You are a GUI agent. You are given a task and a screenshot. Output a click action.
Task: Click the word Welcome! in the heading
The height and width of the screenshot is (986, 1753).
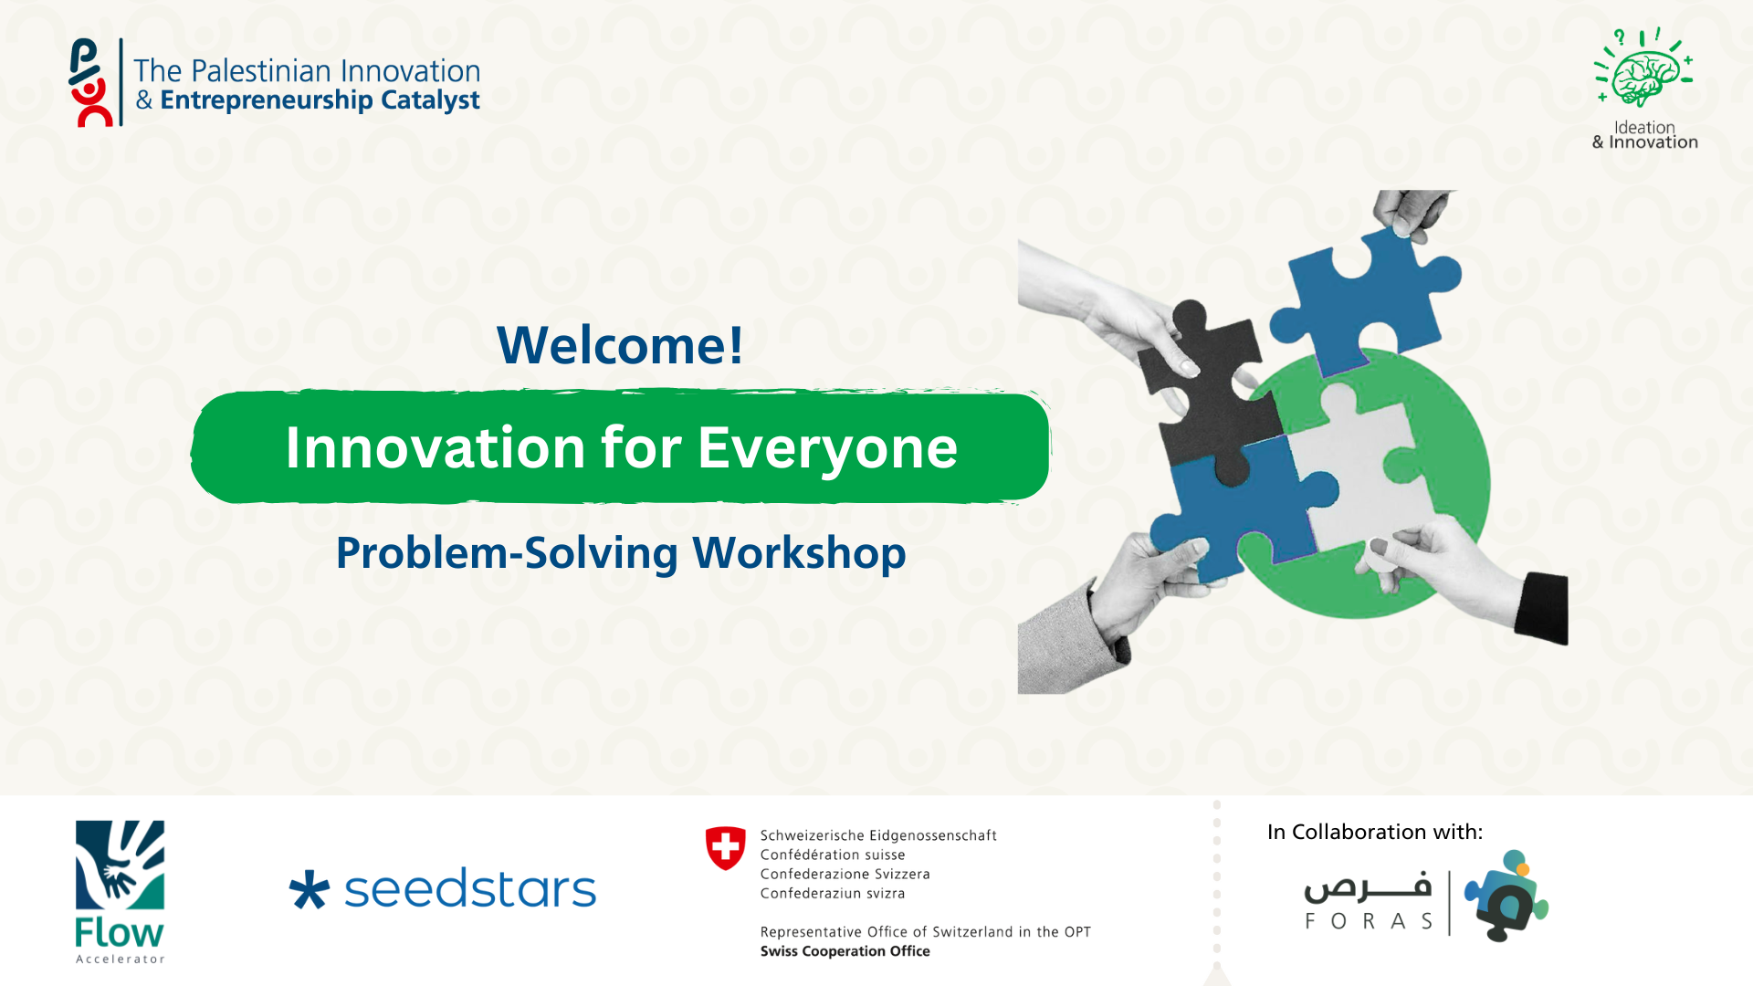coord(620,345)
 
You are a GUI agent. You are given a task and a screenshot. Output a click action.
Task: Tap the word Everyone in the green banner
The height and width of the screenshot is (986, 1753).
coord(827,448)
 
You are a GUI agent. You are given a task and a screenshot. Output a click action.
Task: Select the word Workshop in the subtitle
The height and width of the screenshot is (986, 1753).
coord(799,553)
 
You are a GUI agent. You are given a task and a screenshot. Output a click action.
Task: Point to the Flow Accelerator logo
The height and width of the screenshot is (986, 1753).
coord(120,891)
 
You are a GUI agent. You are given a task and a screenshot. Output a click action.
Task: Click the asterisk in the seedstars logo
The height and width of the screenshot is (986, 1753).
coord(309,890)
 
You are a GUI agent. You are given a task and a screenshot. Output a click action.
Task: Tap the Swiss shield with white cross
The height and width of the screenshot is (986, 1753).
coord(726,848)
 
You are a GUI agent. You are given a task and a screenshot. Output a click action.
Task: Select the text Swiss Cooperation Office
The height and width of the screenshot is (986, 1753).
coord(845,951)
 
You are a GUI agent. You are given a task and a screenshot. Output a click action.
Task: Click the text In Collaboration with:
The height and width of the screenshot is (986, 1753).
coord(1375,832)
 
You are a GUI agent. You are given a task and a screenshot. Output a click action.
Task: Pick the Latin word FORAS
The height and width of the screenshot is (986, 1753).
coord(1369,921)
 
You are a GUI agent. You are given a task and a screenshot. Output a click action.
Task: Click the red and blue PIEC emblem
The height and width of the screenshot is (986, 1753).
coord(91,82)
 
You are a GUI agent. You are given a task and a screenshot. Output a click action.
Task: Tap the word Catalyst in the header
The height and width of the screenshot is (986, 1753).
coord(430,100)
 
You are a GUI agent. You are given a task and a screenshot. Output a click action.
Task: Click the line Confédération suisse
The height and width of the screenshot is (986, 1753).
coord(833,855)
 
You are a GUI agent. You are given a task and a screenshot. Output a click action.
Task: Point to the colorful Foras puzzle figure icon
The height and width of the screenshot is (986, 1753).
coord(1506,896)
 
